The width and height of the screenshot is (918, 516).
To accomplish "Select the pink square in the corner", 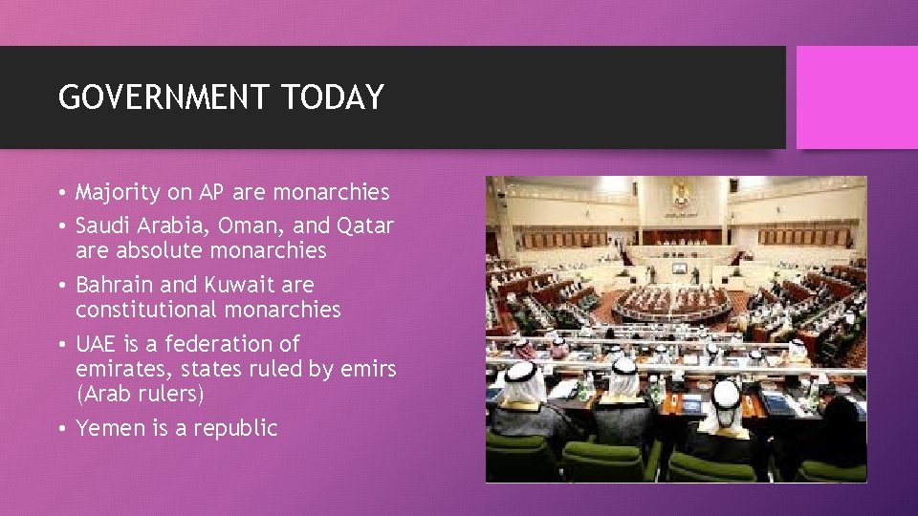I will click(x=857, y=97).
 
